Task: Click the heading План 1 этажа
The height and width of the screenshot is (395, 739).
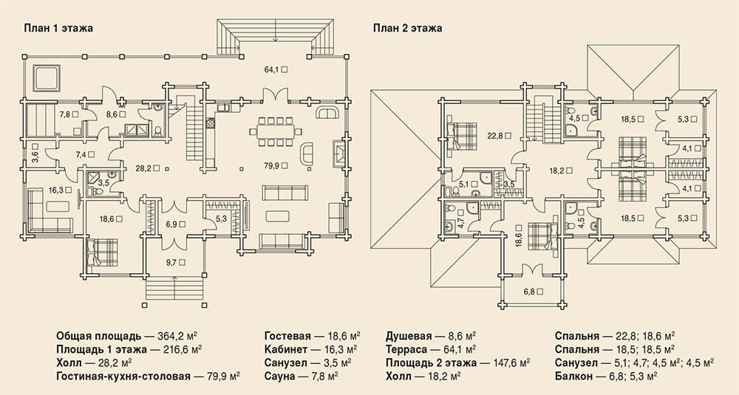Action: click(x=58, y=28)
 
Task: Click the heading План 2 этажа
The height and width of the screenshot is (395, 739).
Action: click(x=408, y=28)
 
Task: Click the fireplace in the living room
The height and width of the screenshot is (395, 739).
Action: click(x=338, y=152)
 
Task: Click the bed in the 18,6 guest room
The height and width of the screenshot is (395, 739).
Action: click(x=101, y=252)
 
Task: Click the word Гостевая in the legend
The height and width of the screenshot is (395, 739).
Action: click(x=287, y=336)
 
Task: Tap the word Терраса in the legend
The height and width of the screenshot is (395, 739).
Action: click(x=406, y=349)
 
